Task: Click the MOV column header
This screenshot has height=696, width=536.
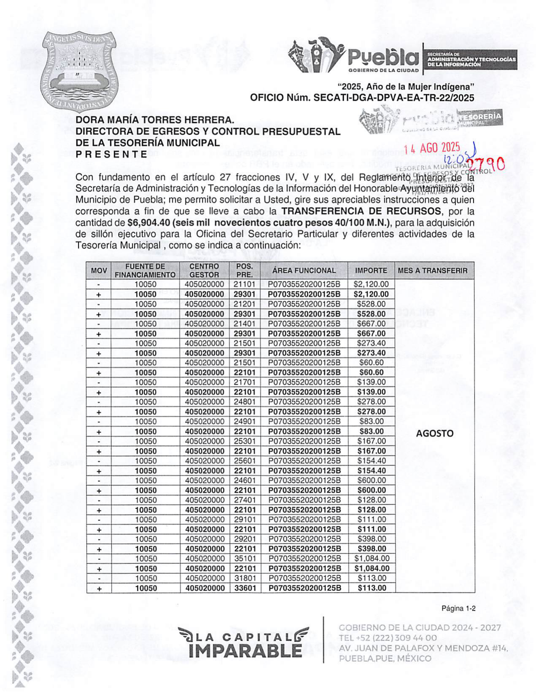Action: point(99,270)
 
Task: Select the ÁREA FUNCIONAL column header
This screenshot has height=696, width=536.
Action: point(304,270)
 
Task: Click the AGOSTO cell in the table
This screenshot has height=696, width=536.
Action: point(434,434)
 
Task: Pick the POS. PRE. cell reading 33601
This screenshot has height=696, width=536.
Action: point(245,588)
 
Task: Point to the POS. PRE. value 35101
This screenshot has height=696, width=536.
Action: point(245,559)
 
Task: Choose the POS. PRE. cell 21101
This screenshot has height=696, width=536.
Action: point(245,284)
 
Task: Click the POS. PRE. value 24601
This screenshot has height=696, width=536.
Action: point(245,480)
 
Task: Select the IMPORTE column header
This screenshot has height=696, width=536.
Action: point(371,270)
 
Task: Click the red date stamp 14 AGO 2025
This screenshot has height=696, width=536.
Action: point(431,148)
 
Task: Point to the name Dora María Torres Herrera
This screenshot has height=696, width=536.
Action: point(154,120)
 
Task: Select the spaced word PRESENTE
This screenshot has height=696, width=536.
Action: point(111,154)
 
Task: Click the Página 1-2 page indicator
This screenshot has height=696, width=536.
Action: point(458,608)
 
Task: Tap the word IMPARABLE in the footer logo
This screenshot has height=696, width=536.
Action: point(246,650)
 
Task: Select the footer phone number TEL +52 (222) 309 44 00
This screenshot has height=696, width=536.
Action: point(388,638)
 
